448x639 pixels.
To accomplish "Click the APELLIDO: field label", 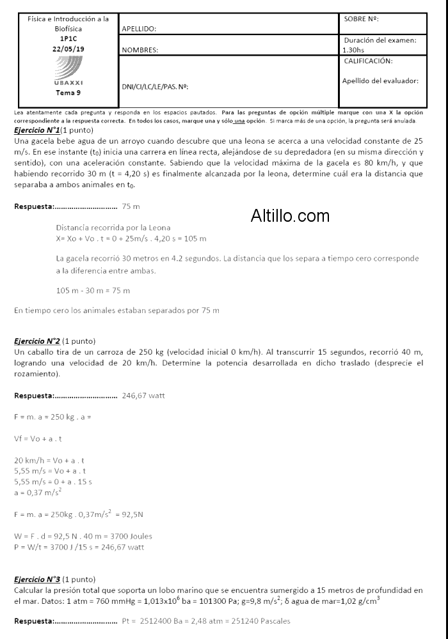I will (139, 28).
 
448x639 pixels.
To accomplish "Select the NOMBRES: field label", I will (140, 49).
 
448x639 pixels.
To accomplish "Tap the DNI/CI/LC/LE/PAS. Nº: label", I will (154, 86).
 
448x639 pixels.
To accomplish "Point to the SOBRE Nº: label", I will (361, 19).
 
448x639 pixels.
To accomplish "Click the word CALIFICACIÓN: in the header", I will (368, 61).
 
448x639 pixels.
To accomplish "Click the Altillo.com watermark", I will (290, 216).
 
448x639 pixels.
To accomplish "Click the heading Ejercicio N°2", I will (36, 341).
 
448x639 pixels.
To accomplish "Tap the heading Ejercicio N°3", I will (36, 579).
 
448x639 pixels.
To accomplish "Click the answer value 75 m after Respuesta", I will (131, 206).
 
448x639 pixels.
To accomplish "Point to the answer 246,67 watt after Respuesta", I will (143, 396).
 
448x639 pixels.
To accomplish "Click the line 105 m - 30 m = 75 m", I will (93, 291).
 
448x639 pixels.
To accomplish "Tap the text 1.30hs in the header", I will (353, 49).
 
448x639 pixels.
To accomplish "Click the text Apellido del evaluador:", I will (380, 81).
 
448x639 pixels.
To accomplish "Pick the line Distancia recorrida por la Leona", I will (113, 227).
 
